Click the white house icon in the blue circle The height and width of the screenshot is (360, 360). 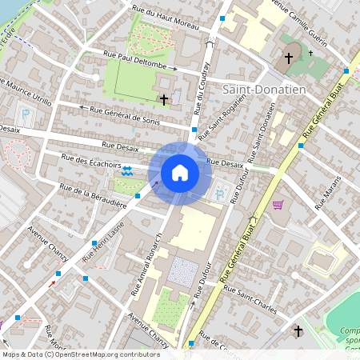point(180,172)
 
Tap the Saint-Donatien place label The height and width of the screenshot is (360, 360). point(265,90)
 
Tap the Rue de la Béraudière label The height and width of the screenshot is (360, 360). point(94,196)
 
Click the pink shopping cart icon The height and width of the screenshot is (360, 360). point(278,205)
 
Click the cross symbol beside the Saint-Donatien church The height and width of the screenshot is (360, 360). point(289,58)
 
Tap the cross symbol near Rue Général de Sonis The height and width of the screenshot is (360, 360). point(165,99)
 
